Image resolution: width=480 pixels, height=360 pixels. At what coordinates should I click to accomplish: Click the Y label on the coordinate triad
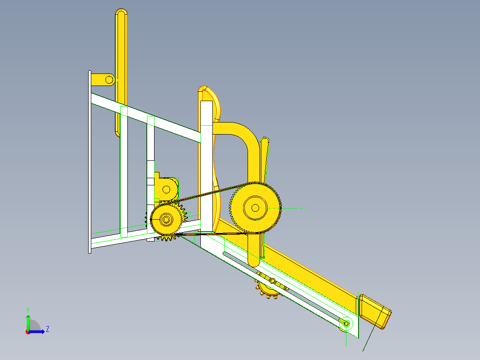click(x=28, y=309)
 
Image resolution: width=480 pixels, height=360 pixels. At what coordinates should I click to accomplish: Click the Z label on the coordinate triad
click(x=47, y=329)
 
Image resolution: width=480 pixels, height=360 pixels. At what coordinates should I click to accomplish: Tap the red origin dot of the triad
click(x=28, y=331)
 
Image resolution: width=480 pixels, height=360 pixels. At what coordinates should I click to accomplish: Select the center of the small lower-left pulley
click(x=167, y=219)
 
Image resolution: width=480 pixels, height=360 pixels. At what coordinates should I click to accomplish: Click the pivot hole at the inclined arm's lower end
click(x=346, y=322)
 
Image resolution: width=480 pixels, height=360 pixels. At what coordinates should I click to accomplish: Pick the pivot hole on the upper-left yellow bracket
click(x=109, y=80)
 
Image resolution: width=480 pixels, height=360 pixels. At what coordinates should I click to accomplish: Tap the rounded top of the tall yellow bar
click(x=121, y=13)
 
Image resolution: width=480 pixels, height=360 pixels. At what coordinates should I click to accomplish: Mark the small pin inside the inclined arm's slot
click(x=272, y=282)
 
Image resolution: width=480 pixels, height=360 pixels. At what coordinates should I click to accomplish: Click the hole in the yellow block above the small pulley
click(x=166, y=189)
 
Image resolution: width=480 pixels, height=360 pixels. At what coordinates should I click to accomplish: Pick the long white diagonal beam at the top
click(x=147, y=118)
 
